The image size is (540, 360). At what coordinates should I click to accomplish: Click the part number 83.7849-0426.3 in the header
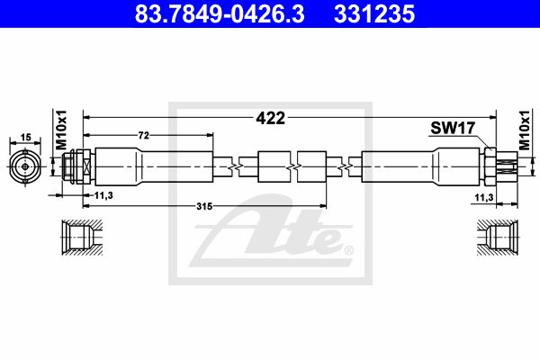[220, 14]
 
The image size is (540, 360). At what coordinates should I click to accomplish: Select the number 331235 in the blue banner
[374, 14]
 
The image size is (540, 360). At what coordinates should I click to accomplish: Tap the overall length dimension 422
[271, 118]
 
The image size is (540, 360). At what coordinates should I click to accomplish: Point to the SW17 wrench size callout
[453, 128]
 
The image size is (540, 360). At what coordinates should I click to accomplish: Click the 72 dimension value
[144, 135]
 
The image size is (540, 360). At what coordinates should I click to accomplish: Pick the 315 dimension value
[204, 206]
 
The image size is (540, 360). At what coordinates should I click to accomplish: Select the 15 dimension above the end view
[25, 137]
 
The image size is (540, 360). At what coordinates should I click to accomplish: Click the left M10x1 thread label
[61, 130]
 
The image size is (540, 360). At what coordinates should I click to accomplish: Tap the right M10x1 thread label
[524, 130]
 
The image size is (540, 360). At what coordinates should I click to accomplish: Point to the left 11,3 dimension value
[103, 195]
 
